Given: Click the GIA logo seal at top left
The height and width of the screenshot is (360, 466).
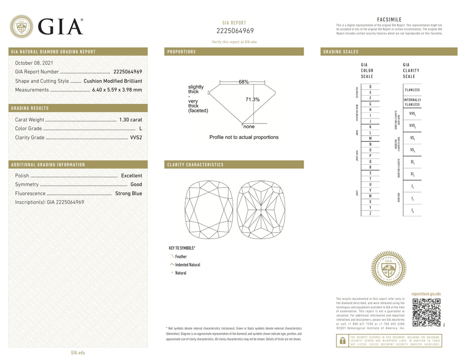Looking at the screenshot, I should [21, 26].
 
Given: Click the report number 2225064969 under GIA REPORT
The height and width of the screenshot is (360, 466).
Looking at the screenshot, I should [235, 31].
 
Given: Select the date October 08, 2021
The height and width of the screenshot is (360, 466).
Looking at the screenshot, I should [34, 63].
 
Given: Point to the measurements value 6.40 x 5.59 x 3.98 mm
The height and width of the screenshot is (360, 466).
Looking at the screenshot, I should [117, 90].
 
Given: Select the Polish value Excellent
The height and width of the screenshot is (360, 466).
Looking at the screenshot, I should [131, 176].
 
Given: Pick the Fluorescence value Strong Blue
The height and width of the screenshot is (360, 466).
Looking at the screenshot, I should [129, 193].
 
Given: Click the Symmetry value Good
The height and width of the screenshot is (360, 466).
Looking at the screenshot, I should [136, 184].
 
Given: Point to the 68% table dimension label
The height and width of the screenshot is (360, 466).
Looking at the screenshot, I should [243, 82].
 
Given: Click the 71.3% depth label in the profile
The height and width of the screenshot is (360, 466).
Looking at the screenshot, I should [252, 99].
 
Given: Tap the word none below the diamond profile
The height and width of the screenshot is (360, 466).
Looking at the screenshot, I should [249, 127].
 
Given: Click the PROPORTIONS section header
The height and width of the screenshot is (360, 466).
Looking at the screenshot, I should [181, 52].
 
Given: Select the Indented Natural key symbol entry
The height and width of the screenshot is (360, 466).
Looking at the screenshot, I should [188, 265].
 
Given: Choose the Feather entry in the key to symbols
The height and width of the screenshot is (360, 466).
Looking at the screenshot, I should [181, 257].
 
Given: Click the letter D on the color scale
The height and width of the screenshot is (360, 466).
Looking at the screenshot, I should [370, 87].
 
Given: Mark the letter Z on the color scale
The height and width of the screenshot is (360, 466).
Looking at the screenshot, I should [370, 213].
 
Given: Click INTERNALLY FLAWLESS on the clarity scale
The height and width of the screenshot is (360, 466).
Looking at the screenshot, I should [412, 102].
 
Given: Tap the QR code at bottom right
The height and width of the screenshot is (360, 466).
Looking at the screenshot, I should [426, 312].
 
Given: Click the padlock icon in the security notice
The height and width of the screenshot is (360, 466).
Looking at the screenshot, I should [342, 341].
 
